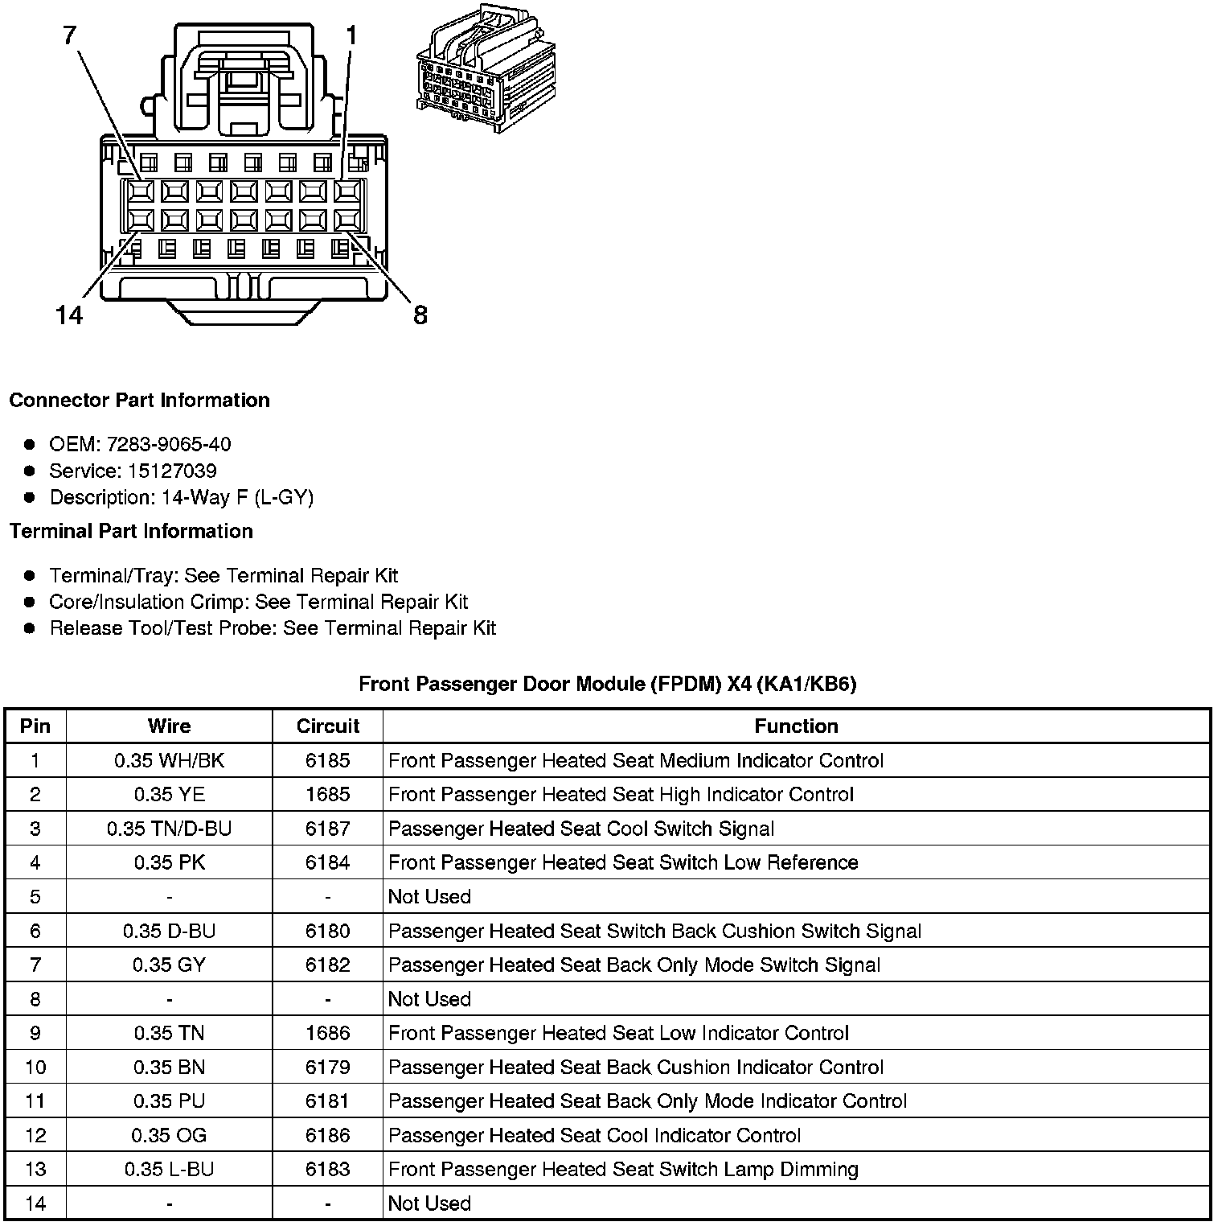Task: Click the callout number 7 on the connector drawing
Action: [x=70, y=36]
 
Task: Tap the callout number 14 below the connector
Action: [x=70, y=315]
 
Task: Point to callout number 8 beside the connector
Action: [x=420, y=315]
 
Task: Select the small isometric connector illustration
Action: [x=485, y=70]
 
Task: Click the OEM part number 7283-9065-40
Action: [x=168, y=444]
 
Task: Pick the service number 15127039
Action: [x=172, y=471]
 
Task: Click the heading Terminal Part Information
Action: [x=131, y=531]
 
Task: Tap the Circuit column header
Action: [x=327, y=726]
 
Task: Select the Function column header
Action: [x=796, y=726]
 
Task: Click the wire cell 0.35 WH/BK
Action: [x=169, y=760]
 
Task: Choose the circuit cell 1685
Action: [x=327, y=795]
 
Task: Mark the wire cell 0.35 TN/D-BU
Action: [x=169, y=829]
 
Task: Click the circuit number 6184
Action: [x=327, y=862]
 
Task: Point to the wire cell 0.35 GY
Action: [x=169, y=965]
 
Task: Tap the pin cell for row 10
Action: [x=35, y=1067]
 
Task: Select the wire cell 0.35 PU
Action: [x=169, y=1101]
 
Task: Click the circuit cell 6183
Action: [x=327, y=1169]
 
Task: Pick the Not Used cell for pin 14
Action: [x=429, y=1203]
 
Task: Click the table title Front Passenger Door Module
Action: [x=607, y=684]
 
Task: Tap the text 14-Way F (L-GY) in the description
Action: [x=237, y=497]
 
